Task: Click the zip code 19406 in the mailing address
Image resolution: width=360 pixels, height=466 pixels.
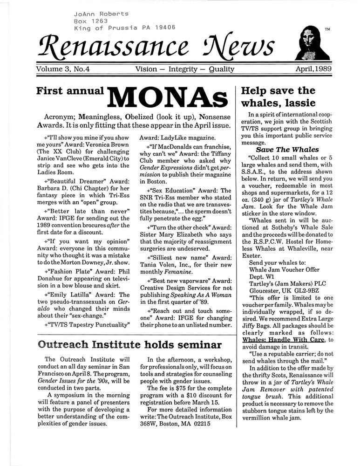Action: [163, 27]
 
